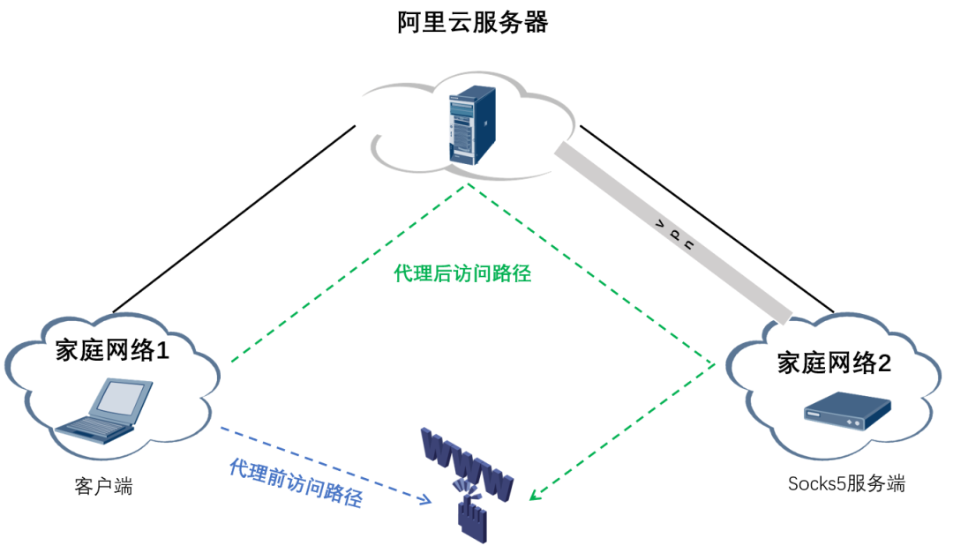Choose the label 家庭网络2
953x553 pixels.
(834, 362)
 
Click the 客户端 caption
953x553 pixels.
(104, 486)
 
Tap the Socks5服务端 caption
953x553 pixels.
(846, 483)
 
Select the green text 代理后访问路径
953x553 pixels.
(462, 273)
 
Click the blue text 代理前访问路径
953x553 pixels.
(295, 482)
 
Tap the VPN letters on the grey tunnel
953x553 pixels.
(675, 235)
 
